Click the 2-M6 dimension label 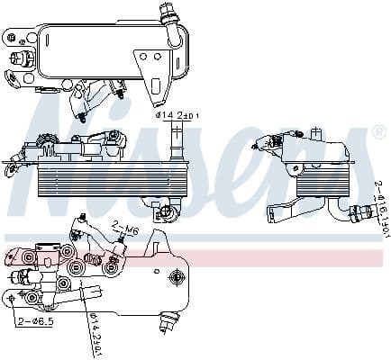coord(125,229)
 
